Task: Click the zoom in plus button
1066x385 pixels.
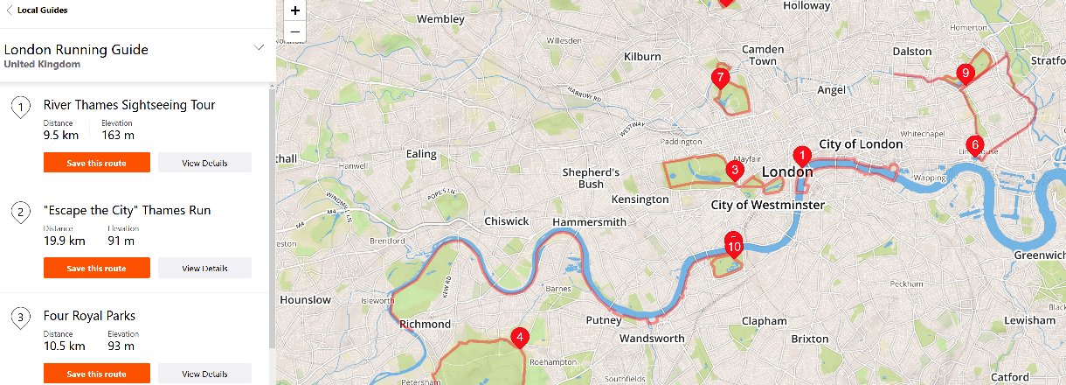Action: pyautogui.click(x=295, y=11)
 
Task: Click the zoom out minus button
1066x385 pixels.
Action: pyautogui.click(x=295, y=32)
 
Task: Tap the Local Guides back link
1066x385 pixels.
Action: pyautogui.click(x=36, y=10)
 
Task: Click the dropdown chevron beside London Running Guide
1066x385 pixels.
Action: pyautogui.click(x=259, y=47)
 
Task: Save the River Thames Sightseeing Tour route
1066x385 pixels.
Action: pyautogui.click(x=96, y=163)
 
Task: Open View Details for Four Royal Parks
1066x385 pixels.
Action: pyautogui.click(x=204, y=374)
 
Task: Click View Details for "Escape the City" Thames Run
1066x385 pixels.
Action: pyautogui.click(x=204, y=268)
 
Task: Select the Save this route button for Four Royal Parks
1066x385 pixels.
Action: pyautogui.click(x=96, y=374)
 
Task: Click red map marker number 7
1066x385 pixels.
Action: pyautogui.click(x=720, y=77)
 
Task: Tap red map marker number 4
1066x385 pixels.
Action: pyautogui.click(x=520, y=337)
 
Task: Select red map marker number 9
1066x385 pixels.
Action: pyautogui.click(x=965, y=73)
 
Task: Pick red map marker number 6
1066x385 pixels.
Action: pyautogui.click(x=974, y=144)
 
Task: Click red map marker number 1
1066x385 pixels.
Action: pyautogui.click(x=800, y=155)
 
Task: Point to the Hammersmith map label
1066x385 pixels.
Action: pyautogui.click(x=589, y=222)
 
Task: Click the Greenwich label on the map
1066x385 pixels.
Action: pyautogui.click(x=1038, y=255)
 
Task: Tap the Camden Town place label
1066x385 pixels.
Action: pyautogui.click(x=763, y=55)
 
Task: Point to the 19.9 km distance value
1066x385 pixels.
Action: pyautogui.click(x=64, y=241)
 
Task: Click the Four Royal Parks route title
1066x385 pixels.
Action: pyautogui.click(x=89, y=316)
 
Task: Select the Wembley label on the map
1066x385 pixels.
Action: pyautogui.click(x=440, y=18)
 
